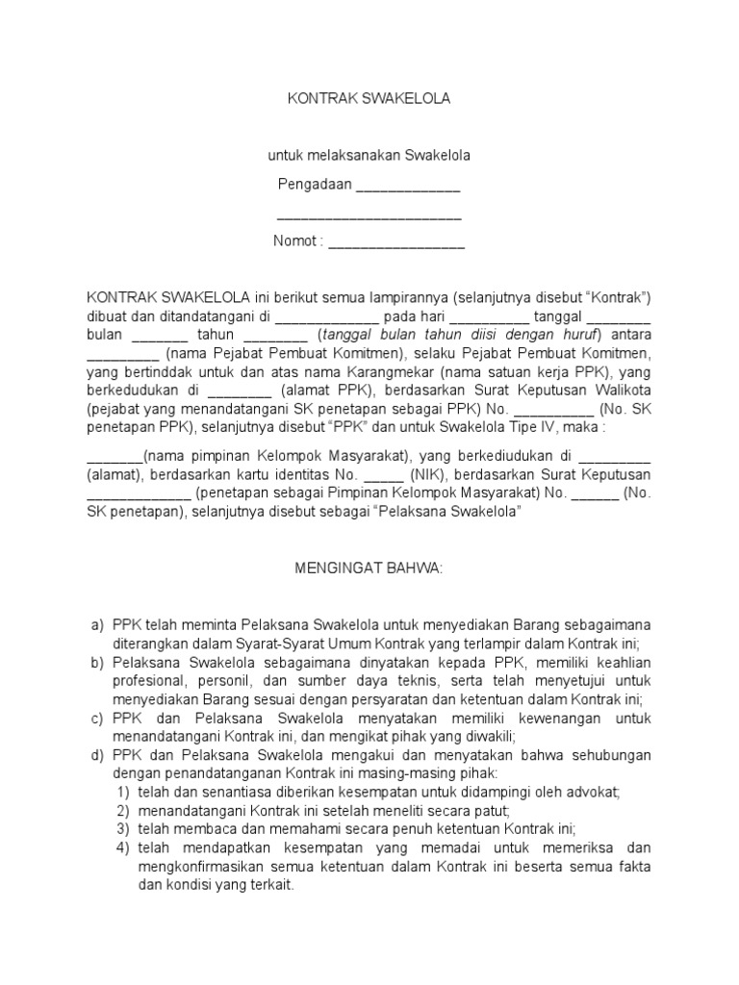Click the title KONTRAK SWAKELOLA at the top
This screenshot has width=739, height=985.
pyautogui.click(x=369, y=98)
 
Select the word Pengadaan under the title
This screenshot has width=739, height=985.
pyautogui.click(x=316, y=184)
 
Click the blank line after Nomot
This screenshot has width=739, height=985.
pyautogui.click(x=396, y=243)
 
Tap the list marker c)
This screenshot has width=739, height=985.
pyautogui.click(x=97, y=719)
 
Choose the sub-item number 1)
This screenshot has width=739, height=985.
pyautogui.click(x=122, y=793)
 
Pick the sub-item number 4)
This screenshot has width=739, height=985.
pyautogui.click(x=122, y=847)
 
